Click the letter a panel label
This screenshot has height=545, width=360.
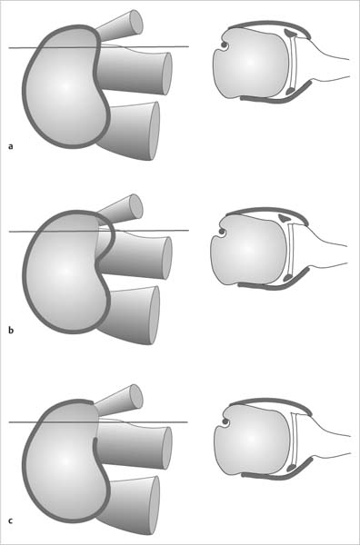[11, 146]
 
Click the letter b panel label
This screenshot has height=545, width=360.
[11, 330]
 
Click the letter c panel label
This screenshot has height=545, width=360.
[11, 520]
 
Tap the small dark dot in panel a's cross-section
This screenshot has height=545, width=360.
[223, 45]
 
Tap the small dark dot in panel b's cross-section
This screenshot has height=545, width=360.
[221, 231]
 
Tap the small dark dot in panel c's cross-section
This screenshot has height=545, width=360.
[225, 422]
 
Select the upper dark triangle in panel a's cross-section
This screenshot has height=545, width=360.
[291, 33]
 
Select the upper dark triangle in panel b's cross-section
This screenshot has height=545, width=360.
[285, 218]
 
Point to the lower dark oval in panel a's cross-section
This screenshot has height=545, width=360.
[289, 92]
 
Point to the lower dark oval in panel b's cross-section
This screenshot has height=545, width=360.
[287, 277]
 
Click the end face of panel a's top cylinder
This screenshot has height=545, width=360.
[136, 22]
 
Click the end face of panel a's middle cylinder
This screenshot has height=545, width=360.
[167, 74]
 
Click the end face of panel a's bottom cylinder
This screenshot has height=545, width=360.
[155, 131]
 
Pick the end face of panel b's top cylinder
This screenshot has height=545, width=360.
[136, 206]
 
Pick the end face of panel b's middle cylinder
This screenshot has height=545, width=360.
[167, 258]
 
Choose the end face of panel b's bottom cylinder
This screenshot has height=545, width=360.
[155, 315]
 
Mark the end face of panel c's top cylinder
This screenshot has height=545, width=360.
[136, 396]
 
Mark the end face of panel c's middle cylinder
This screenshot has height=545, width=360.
[167, 448]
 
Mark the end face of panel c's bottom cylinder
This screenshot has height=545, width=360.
[155, 505]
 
